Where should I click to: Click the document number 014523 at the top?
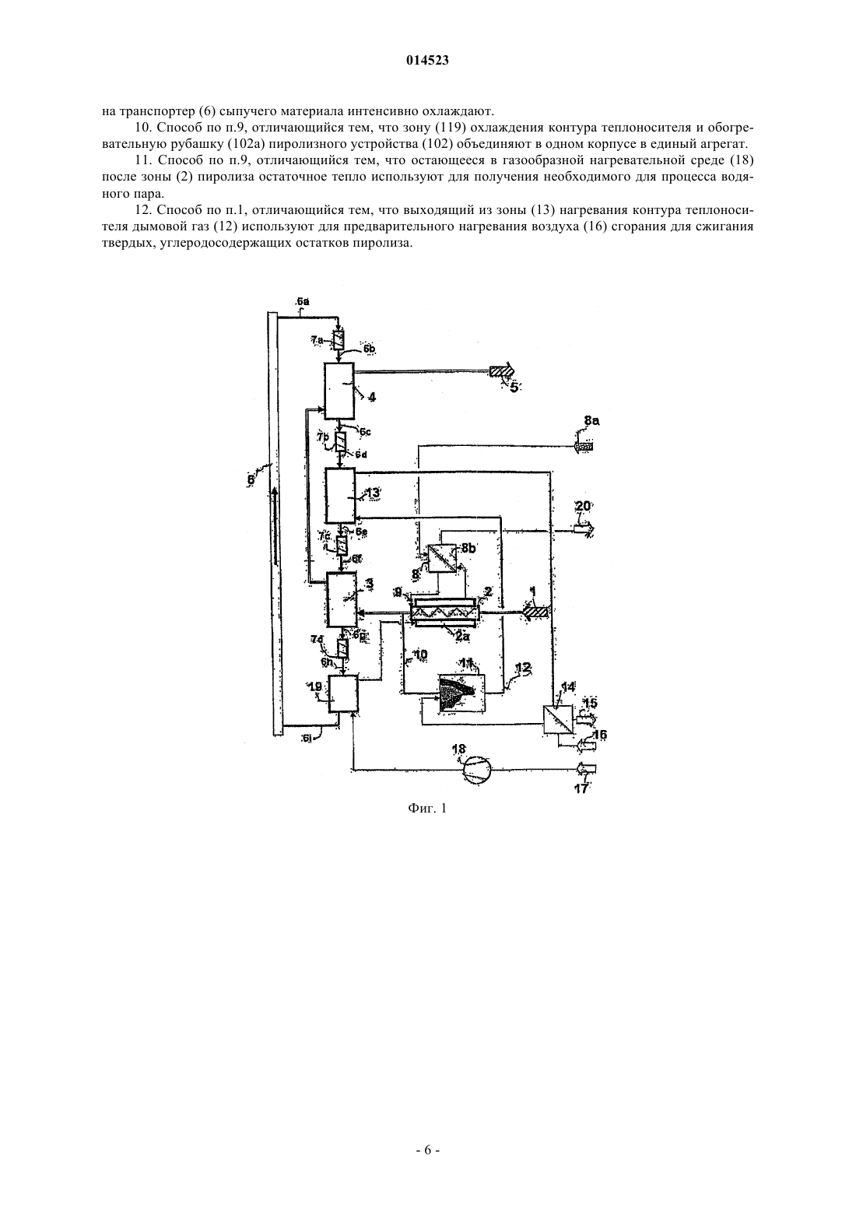pos(427,61)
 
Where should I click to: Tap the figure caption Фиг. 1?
pos(427,808)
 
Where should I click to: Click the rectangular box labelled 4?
pos(339,391)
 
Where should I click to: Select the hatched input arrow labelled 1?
pos(535,613)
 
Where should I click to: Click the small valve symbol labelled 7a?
pos(339,341)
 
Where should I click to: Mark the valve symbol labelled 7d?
pos(342,647)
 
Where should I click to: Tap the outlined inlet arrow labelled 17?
pos(586,768)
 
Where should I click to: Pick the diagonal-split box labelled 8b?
pos(441,557)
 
